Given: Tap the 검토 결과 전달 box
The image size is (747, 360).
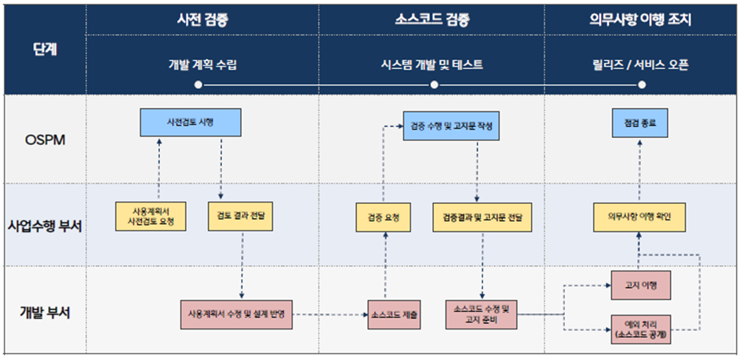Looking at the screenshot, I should click(241, 216).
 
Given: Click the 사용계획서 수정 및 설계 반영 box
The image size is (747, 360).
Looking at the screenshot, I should click(236, 314).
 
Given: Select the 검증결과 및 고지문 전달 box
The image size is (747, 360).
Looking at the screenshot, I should click(482, 216).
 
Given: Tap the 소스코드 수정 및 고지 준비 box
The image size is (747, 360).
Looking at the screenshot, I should click(482, 314).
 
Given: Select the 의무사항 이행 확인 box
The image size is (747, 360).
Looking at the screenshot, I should click(640, 216).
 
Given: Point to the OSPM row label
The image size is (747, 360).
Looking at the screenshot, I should click(45, 139).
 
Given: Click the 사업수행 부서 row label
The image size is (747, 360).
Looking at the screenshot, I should click(45, 224).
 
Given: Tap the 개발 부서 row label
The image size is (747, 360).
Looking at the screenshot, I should click(45, 312).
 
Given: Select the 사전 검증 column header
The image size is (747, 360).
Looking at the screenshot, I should click(202, 19).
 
